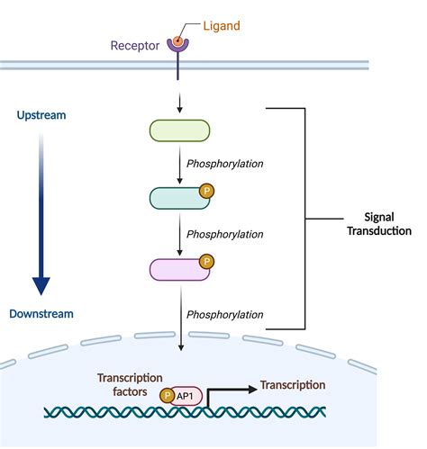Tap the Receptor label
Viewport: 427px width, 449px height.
point(136,44)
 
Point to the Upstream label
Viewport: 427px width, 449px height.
point(41,116)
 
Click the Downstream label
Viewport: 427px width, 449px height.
point(41,313)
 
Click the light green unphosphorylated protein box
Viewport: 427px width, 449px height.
point(179,131)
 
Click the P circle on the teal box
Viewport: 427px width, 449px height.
point(206,190)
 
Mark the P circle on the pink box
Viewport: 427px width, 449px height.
point(206,261)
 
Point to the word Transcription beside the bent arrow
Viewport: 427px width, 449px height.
point(293,385)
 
